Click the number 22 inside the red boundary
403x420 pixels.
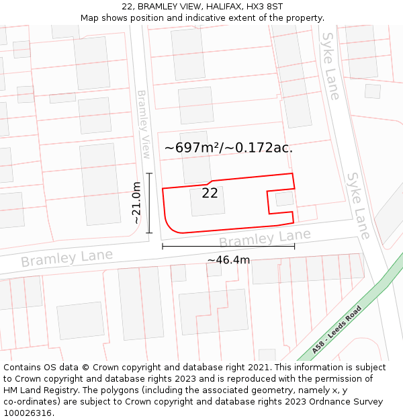coord(210,193)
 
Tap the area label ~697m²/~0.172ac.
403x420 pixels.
coord(228,148)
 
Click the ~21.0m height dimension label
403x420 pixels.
coord(136,203)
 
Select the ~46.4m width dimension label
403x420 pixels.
coord(228,260)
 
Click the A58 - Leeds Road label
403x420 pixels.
coord(337,329)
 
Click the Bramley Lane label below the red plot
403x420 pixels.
coord(265,237)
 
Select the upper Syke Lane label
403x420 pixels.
coord(330,66)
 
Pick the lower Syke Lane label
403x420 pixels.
coord(357,205)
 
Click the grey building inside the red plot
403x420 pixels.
coord(208,202)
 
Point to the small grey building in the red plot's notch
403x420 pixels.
coord(284,199)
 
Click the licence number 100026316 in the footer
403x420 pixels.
coord(28,413)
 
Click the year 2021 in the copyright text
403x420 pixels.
coord(257,368)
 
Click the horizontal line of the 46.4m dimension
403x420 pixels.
coord(228,246)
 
